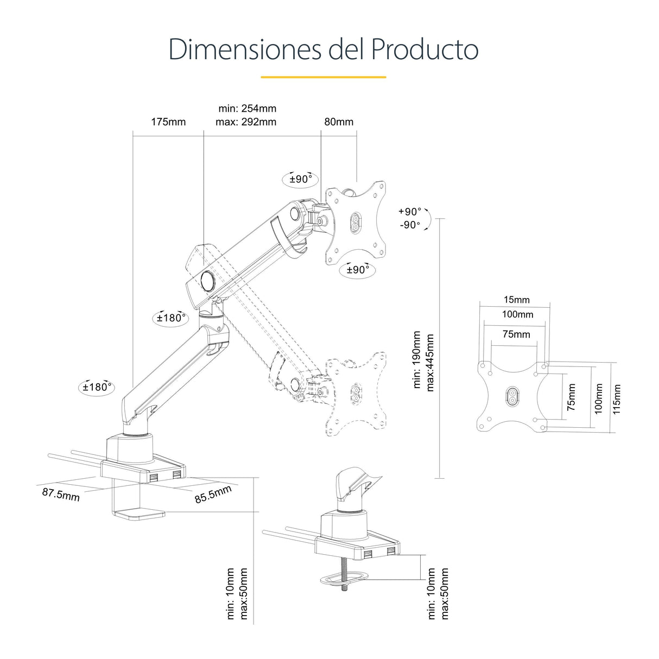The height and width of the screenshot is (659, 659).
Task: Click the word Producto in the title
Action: [x=424, y=49]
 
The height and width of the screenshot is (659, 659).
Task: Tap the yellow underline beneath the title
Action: [x=323, y=77]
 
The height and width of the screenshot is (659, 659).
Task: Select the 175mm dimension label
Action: [x=168, y=122]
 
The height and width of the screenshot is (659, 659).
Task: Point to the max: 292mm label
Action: [x=246, y=122]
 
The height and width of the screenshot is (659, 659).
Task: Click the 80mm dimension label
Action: [x=339, y=122]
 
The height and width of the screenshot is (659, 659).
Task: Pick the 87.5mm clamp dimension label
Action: [x=61, y=494]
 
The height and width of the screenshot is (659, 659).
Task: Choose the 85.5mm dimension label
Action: [x=213, y=494]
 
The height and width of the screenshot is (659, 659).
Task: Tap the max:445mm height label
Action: [x=430, y=362]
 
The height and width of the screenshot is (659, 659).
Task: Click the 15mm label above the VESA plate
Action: [x=516, y=300]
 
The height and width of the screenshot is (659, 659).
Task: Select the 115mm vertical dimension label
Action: [x=617, y=399]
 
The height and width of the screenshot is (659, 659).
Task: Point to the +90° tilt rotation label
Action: [x=410, y=211]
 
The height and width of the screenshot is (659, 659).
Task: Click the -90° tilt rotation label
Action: [x=410, y=225]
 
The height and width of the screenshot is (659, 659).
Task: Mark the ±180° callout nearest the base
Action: [x=97, y=387]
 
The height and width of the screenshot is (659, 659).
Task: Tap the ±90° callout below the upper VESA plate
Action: [x=358, y=270]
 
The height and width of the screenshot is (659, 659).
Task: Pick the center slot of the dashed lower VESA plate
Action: [x=356, y=393]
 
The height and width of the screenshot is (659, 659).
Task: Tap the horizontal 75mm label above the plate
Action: [x=516, y=334]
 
